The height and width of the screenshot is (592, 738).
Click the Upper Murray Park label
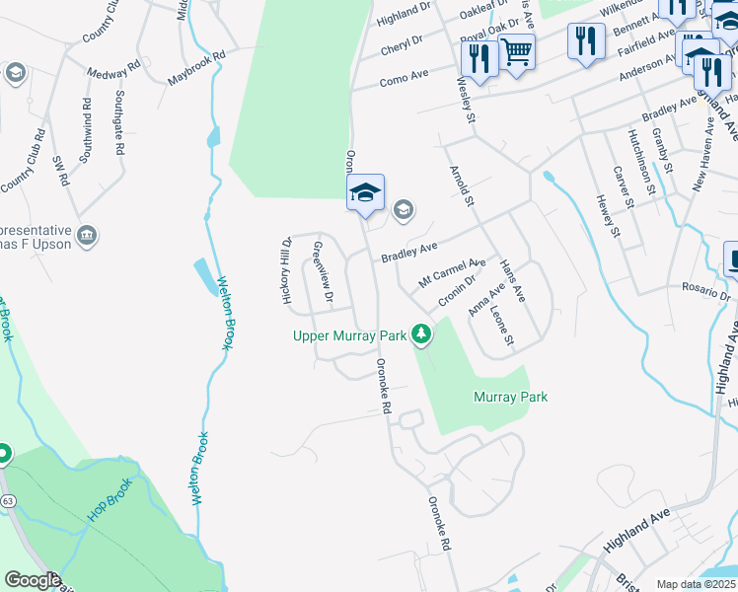pyautogui.click(x=350, y=336)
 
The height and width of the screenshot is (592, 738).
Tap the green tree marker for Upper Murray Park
pyautogui.click(x=421, y=334)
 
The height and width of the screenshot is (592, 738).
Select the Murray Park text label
pyautogui.click(x=510, y=397)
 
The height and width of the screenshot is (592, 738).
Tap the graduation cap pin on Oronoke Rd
pyautogui.click(x=365, y=192)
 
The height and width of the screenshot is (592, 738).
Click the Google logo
pyautogui.click(x=33, y=580)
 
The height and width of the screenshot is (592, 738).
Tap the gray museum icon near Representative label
pyautogui.click(x=87, y=235)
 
